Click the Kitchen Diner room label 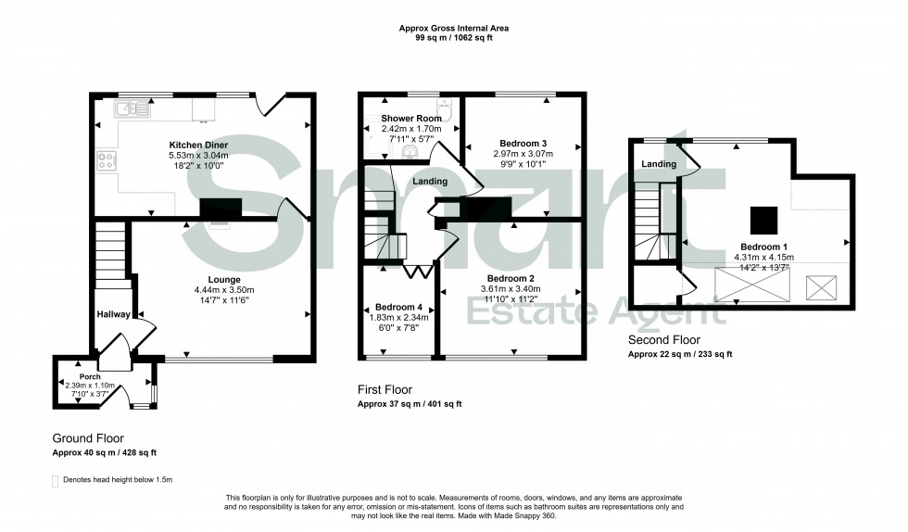tap(198, 146)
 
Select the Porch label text tap(90, 377)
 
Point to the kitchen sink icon tap(131, 110)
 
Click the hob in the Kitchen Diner tap(105, 162)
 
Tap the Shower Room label tap(413, 119)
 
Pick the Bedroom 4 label tap(398, 308)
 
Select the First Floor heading tap(385, 390)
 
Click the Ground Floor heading tap(88, 438)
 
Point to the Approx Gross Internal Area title tap(453, 29)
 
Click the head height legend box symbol tap(56, 480)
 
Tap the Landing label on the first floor tap(431, 182)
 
